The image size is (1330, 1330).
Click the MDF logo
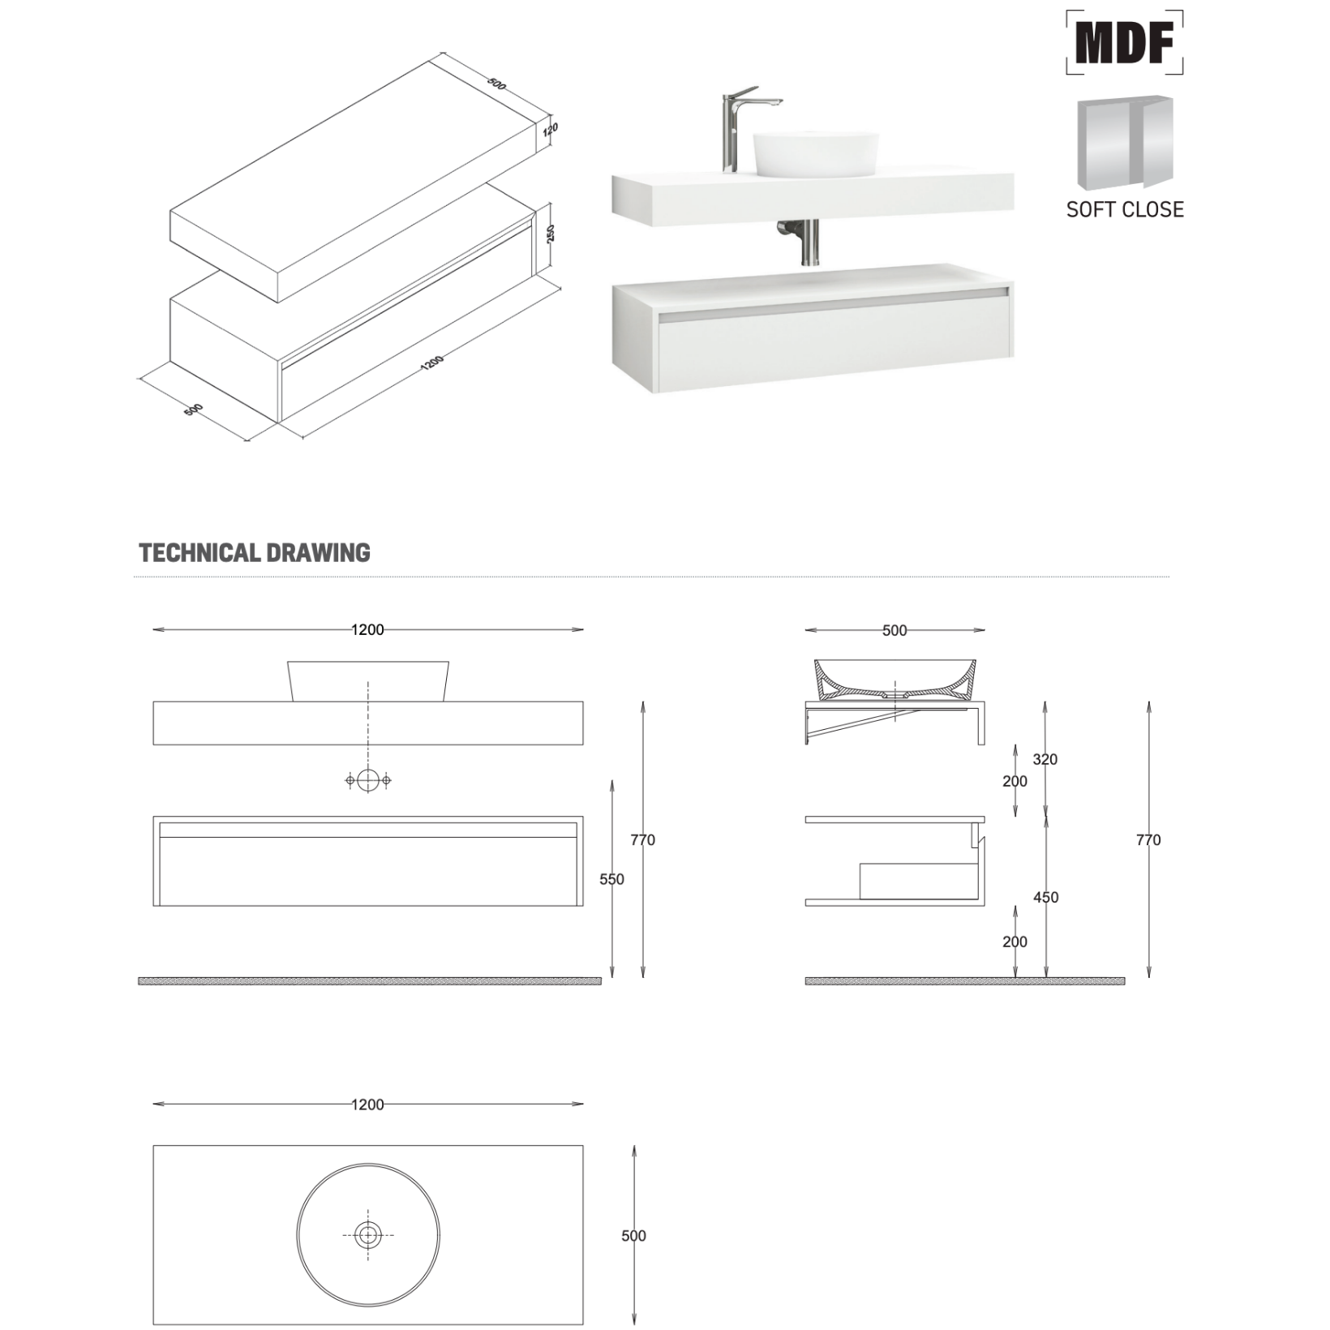tap(1124, 42)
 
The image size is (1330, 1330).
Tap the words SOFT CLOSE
tap(1125, 209)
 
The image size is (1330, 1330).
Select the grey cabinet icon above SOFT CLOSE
tap(1125, 143)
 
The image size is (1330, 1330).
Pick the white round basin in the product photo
tap(816, 154)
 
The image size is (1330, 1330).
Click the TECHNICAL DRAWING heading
tap(255, 553)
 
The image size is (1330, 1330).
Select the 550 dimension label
tap(611, 879)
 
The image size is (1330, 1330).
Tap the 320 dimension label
tap(1045, 760)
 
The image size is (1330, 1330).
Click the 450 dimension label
tap(1045, 898)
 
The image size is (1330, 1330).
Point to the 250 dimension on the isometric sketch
tap(551, 234)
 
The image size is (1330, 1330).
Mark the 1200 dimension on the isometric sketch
tap(432, 363)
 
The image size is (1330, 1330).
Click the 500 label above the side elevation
tap(895, 630)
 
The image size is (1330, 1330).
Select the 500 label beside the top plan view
tap(633, 1236)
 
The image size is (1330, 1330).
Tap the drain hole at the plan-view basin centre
tap(368, 1235)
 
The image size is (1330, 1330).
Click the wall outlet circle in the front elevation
tap(368, 780)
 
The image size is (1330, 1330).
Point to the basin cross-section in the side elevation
tap(895, 680)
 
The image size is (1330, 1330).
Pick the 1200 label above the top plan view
tap(367, 1105)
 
